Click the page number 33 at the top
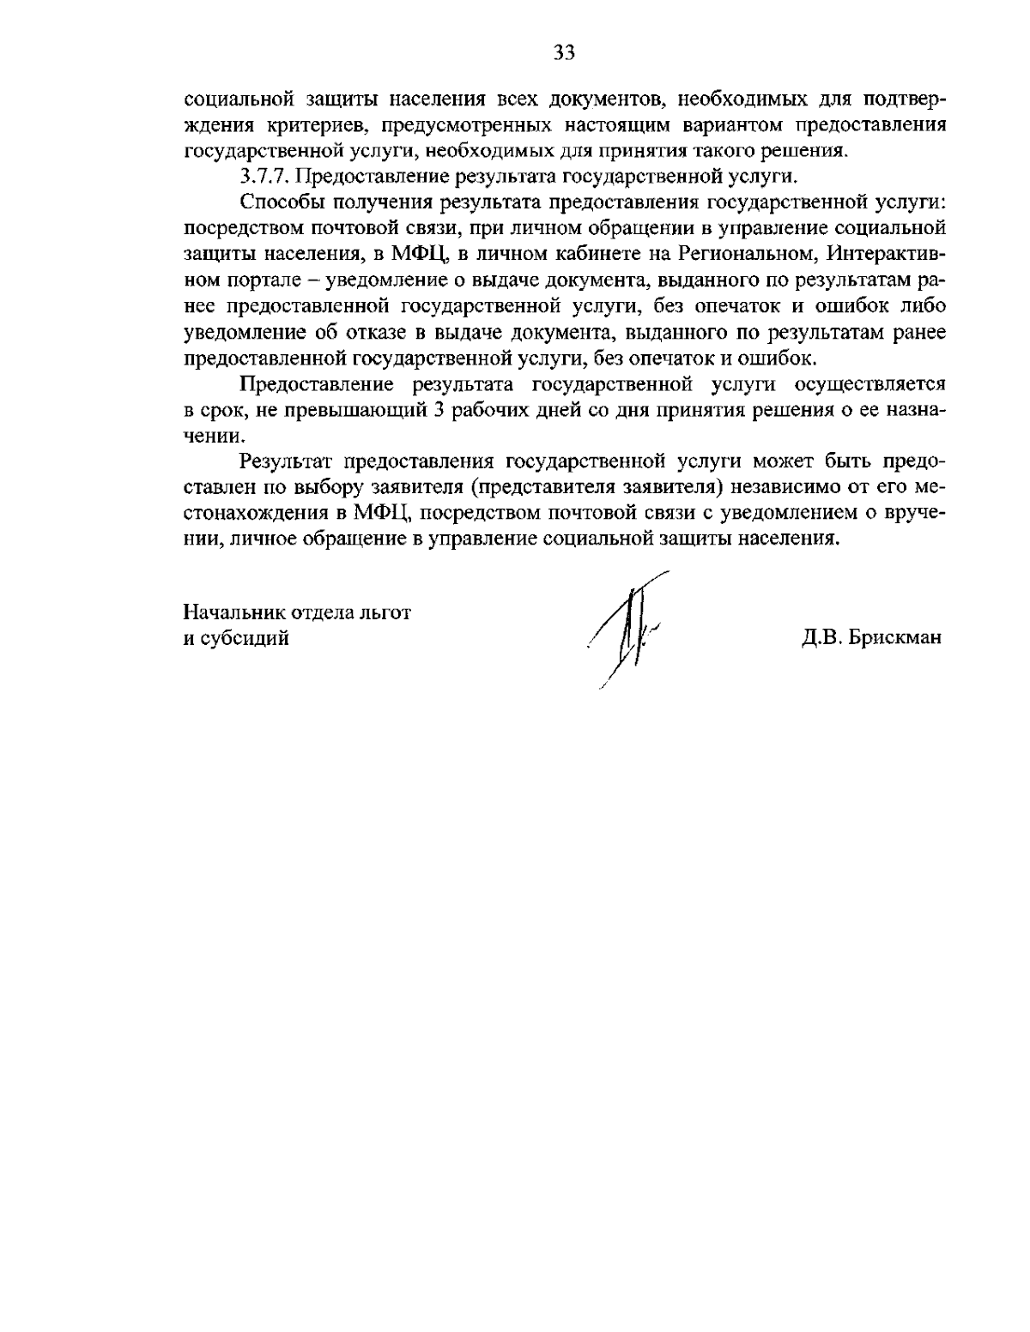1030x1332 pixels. [564, 53]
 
